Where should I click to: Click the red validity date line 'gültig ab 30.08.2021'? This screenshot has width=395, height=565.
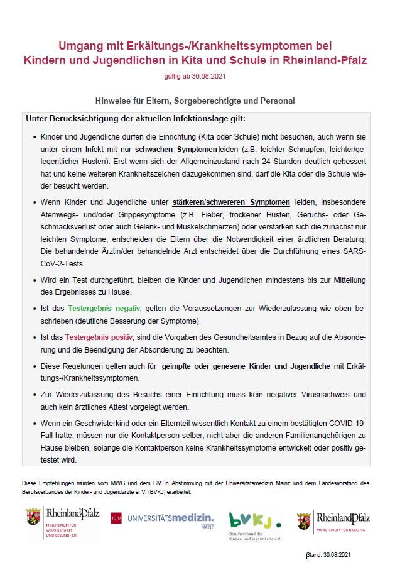(194, 76)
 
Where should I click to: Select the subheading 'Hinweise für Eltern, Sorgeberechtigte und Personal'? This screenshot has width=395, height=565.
(195, 101)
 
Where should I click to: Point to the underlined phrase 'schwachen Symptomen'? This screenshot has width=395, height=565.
(176, 150)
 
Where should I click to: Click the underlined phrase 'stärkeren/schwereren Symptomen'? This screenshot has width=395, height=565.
(231, 202)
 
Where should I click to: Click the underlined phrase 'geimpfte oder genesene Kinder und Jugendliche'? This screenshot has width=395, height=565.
(247, 366)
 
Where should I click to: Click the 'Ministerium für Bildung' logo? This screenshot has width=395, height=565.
(333, 521)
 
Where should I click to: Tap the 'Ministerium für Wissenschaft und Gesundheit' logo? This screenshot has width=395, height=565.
(62, 524)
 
